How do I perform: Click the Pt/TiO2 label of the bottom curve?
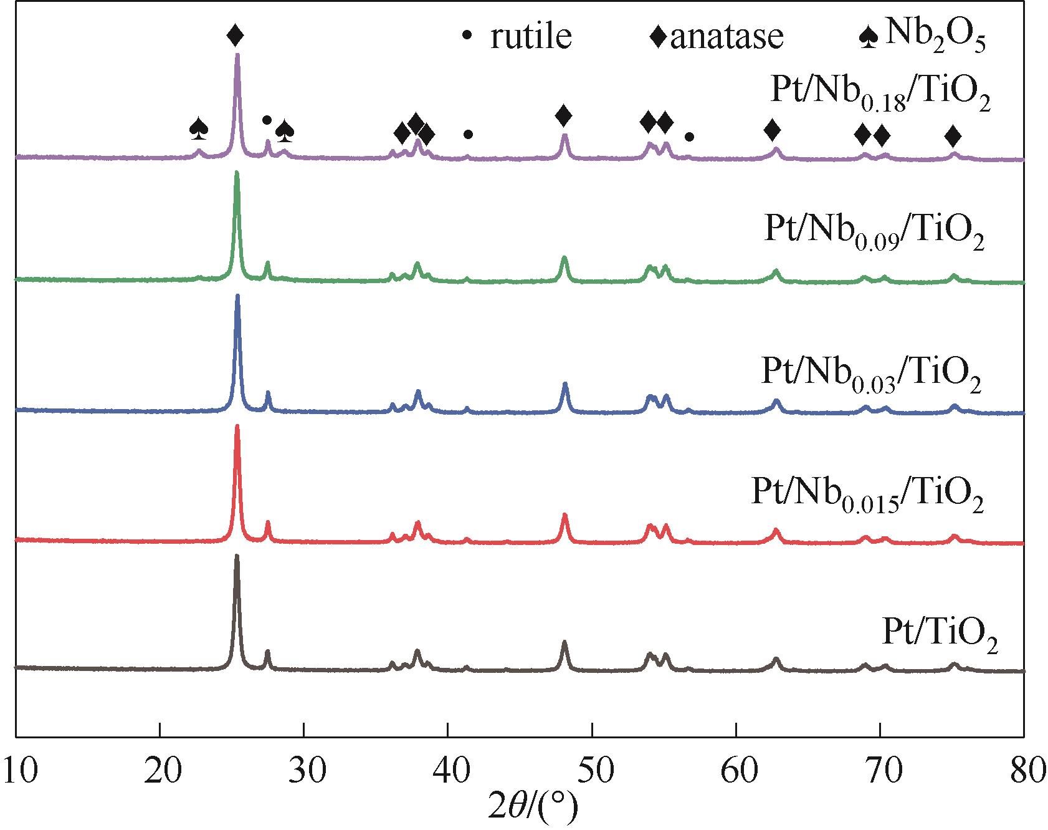click(940, 637)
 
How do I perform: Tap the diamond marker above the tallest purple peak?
click(235, 36)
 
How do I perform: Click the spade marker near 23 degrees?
click(199, 128)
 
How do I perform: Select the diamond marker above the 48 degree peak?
click(564, 115)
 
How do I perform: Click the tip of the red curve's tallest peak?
click(237, 427)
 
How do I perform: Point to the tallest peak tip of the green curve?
click(237, 173)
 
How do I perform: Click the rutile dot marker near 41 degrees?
click(469, 134)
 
